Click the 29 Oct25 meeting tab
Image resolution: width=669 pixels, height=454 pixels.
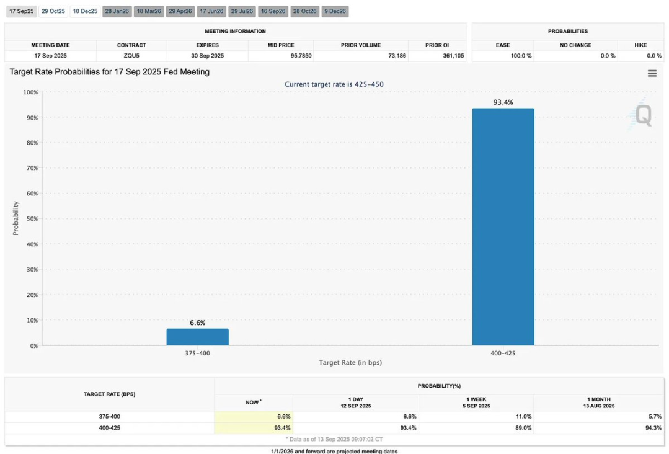53,11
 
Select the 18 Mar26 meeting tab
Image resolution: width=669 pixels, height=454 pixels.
148,11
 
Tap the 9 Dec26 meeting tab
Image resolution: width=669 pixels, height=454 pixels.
335,11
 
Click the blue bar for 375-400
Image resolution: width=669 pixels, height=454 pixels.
197,337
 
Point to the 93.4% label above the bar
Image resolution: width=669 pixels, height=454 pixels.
503,102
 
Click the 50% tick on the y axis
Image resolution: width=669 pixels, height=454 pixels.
31,219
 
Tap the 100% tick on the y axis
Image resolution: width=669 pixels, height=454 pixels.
30,92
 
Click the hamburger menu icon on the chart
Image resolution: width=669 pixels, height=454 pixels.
652,73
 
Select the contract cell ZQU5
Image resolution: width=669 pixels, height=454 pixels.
131,56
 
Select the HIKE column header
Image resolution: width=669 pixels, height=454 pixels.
640,45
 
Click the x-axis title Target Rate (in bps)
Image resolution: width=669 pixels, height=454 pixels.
355,362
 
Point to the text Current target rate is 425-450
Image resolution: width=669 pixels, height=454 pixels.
334,84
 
